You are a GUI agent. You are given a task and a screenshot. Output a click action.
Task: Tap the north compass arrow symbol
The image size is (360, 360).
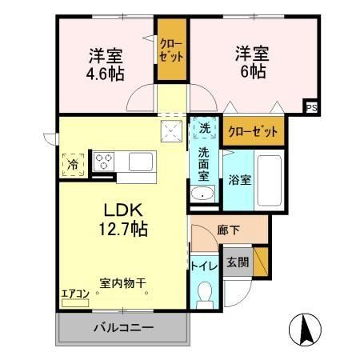[x=306, y=327]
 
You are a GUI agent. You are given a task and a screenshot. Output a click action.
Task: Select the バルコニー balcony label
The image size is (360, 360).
[x=122, y=328]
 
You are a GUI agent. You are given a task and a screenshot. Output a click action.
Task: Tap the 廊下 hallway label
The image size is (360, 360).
[x=228, y=230]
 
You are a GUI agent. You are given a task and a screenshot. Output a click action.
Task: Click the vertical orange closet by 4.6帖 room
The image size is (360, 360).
[x=170, y=50]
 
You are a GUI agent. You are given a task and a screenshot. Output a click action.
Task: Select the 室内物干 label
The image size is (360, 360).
[x=122, y=282]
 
